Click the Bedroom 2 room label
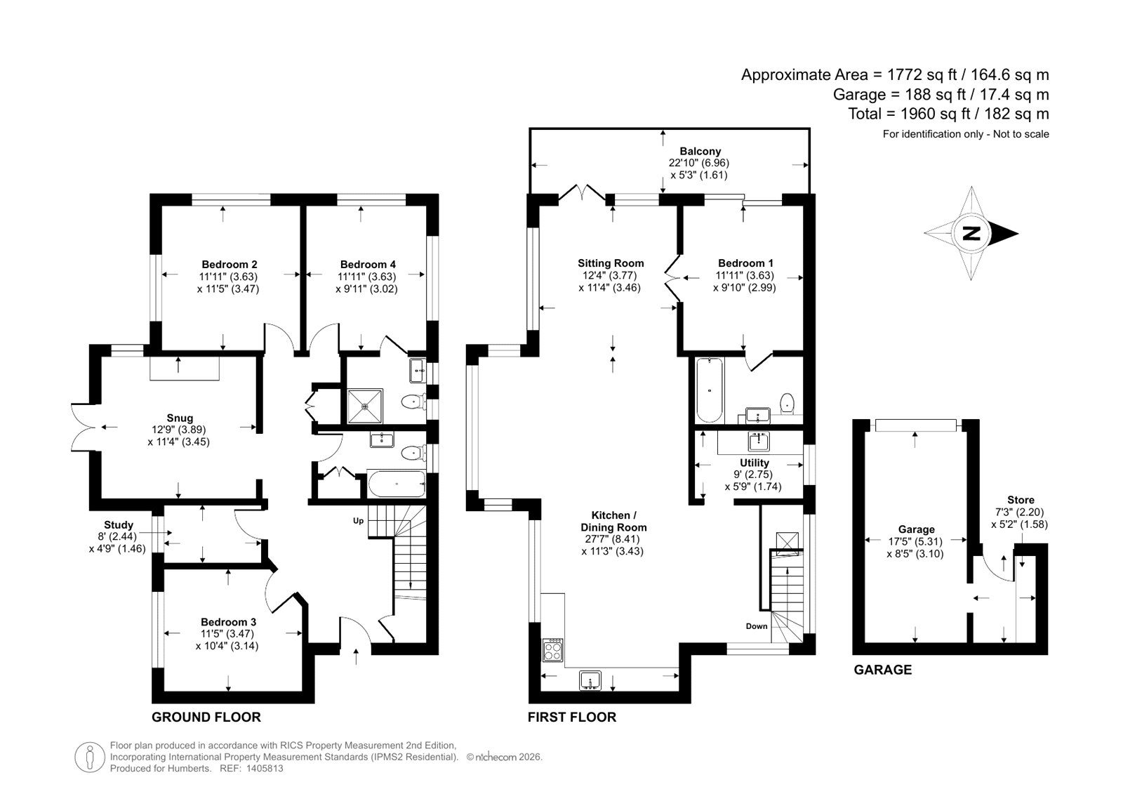click(229, 265)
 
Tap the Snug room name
click(180, 418)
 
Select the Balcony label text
click(700, 151)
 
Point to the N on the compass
click(971, 233)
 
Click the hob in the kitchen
click(552, 650)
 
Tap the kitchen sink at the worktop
click(590, 681)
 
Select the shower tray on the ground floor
click(365, 406)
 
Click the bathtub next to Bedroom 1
click(709, 390)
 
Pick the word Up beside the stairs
click(358, 521)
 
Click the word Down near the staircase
click(757, 626)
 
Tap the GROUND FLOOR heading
click(206, 717)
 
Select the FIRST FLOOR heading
click(571, 717)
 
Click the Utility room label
click(754, 463)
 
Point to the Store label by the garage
click(1021, 500)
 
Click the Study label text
click(119, 524)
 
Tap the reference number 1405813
click(264, 769)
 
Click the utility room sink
click(759, 442)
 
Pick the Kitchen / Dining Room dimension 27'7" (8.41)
click(612, 539)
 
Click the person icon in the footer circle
click(90, 757)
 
